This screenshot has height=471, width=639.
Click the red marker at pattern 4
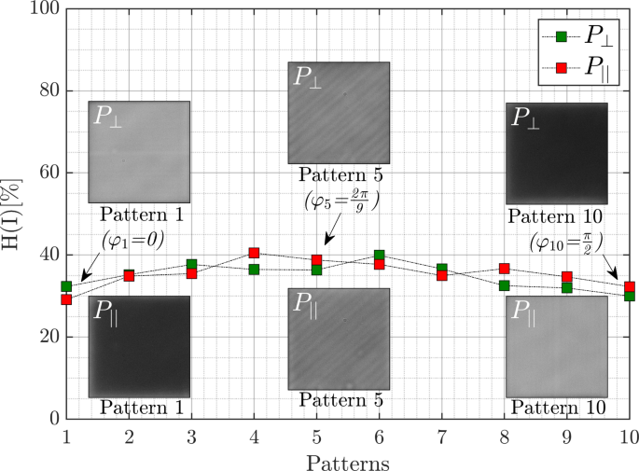tap(254, 253)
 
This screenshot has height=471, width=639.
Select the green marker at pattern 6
tap(379, 255)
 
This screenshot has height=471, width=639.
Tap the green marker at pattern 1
tap(66, 286)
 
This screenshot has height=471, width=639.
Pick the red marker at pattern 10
tap(630, 287)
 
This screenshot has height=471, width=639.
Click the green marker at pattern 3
tap(191, 265)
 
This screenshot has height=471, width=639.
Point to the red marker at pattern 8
tap(505, 269)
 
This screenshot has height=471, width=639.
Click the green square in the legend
tap(562, 36)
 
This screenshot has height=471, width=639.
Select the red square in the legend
tap(562, 66)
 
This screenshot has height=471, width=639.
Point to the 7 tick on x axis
tap(441, 436)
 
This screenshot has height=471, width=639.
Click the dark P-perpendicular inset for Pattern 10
tap(556, 152)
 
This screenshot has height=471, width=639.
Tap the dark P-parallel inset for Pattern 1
tap(139, 346)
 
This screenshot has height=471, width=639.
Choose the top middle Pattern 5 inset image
tap(339, 112)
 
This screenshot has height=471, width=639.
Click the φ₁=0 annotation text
tap(132, 239)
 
